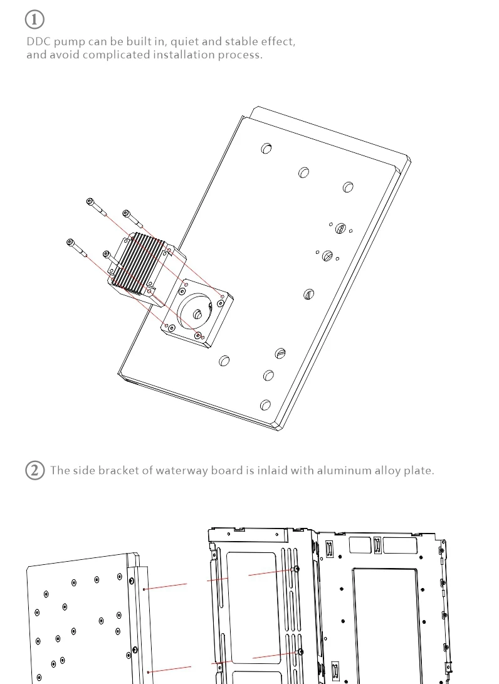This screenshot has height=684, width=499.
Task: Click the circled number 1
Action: [34, 19]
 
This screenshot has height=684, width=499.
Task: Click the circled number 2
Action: [35, 470]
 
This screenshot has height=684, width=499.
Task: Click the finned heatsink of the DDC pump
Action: [137, 263]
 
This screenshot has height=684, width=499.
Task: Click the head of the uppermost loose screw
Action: [90, 201]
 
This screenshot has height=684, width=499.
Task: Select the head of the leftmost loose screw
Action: [70, 242]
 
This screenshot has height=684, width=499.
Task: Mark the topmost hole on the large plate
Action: [266, 149]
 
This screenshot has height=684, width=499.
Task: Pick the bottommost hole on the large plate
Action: [265, 405]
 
